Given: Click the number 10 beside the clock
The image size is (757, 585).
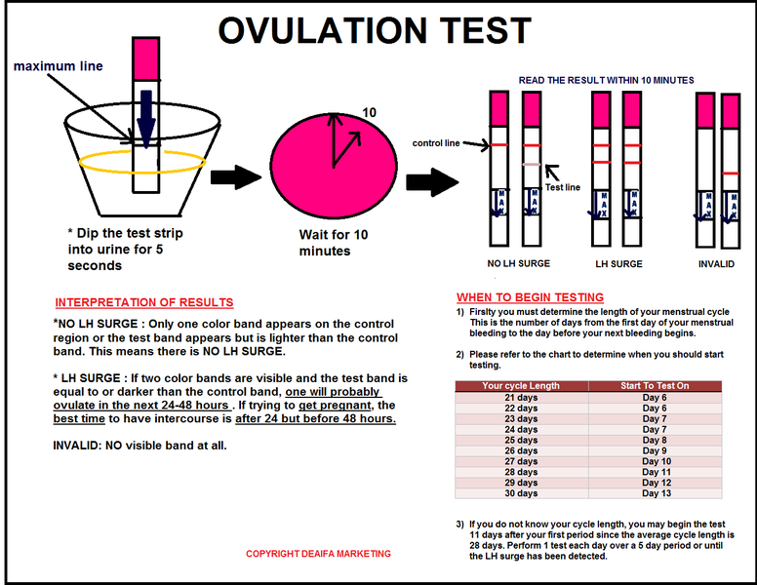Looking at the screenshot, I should [370, 112].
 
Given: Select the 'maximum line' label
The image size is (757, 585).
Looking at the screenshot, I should [58, 66].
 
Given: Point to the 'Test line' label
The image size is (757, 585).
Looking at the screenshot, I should [564, 187].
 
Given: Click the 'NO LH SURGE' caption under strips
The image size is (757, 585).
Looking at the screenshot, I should [519, 263].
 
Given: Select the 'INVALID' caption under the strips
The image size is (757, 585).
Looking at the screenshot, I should [716, 263].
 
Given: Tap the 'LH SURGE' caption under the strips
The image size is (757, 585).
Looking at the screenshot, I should [618, 263].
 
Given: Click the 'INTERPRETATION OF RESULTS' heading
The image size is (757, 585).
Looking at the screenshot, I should [143, 302].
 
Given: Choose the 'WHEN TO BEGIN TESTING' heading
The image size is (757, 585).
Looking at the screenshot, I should [530, 297].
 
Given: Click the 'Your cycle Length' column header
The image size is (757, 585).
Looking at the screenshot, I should [521, 386].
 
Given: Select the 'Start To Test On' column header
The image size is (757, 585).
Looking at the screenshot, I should [655, 386].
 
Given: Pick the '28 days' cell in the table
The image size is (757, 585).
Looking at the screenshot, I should [521, 472].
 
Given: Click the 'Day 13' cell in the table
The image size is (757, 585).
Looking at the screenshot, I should [656, 493].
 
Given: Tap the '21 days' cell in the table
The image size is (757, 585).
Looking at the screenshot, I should [521, 398].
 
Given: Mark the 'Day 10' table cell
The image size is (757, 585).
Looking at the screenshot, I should [656, 461].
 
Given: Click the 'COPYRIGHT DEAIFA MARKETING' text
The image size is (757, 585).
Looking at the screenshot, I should [318, 554].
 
